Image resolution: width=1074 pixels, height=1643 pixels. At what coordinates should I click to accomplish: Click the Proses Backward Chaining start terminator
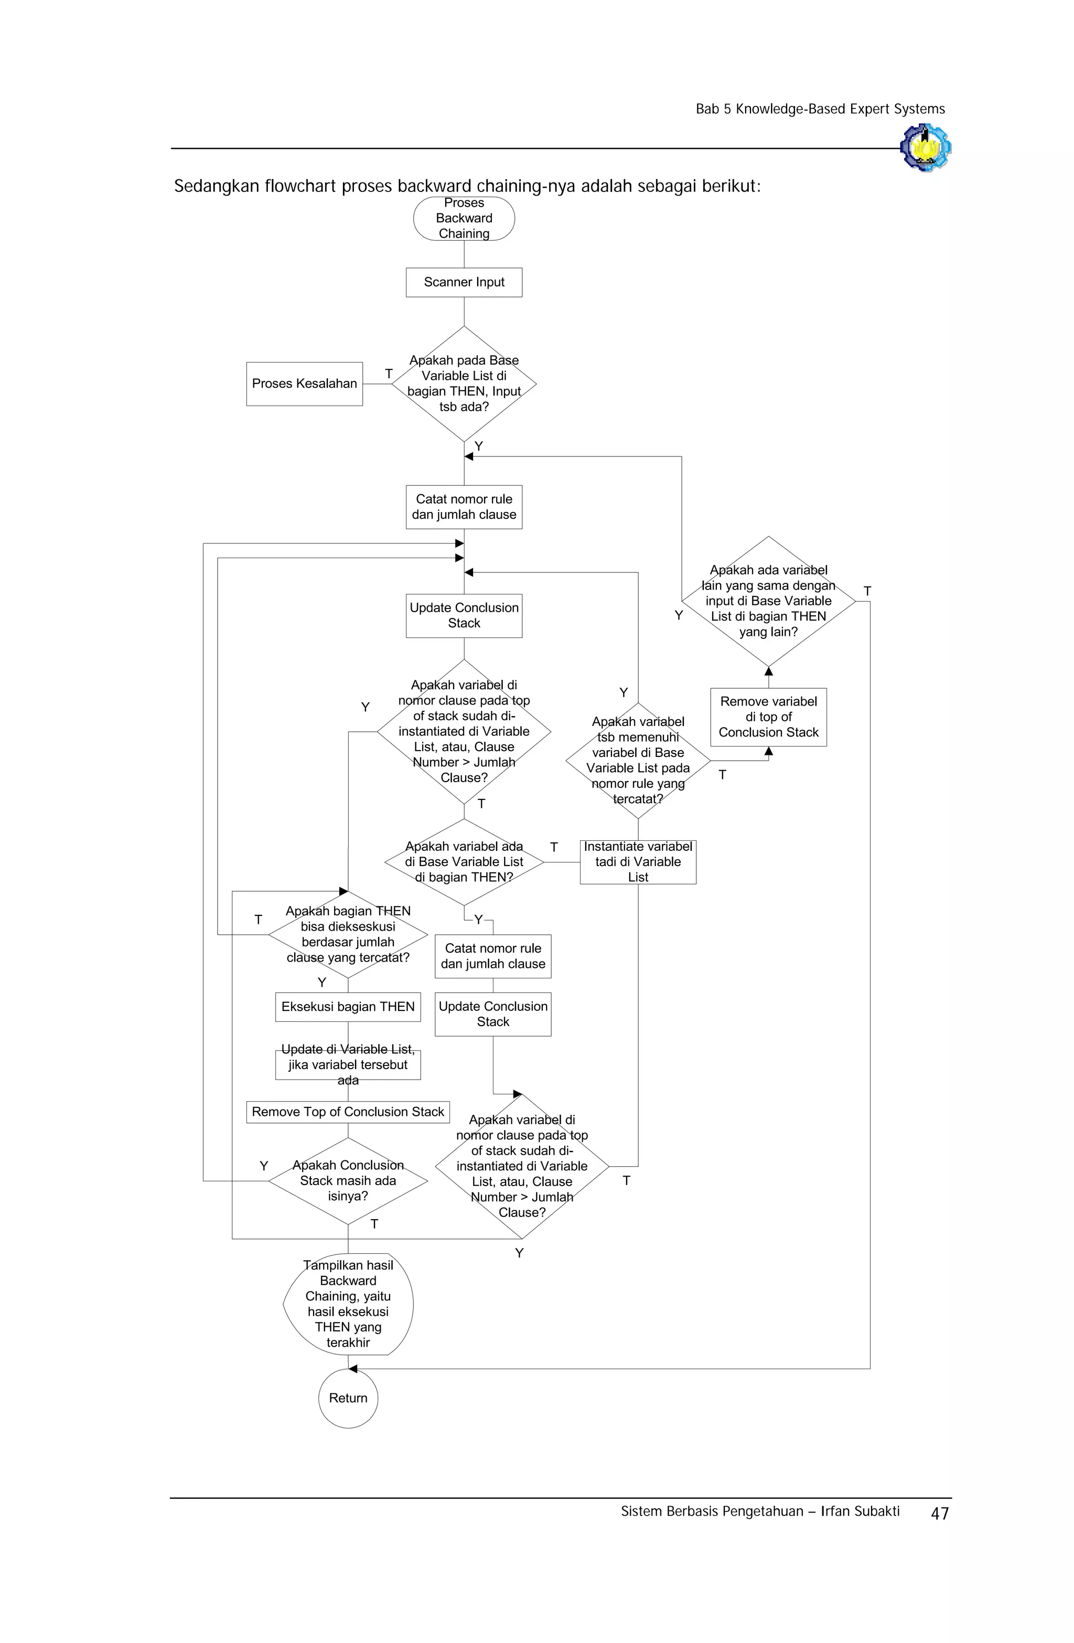tap(464, 218)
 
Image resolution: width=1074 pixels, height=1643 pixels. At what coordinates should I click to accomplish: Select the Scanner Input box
tap(464, 282)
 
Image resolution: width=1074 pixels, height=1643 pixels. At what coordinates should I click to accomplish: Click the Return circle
tap(348, 1398)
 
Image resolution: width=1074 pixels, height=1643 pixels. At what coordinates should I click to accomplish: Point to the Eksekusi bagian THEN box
tap(348, 1007)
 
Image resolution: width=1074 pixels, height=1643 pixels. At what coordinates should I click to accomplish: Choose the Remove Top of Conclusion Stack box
tap(348, 1112)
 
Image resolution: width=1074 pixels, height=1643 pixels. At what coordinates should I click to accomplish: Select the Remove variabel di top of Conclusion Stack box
tap(768, 717)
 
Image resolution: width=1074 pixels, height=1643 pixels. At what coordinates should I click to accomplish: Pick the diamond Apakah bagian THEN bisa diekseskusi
tap(348, 934)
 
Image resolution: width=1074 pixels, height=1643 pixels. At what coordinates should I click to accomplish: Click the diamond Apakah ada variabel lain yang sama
tap(768, 601)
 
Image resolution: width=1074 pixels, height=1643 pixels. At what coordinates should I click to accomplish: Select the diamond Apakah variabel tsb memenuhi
tap(638, 760)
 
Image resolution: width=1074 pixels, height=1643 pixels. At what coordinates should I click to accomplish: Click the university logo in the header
tap(926, 147)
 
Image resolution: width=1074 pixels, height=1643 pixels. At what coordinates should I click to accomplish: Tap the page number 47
tap(939, 1514)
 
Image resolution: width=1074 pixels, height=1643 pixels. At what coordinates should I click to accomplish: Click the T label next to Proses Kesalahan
tap(389, 374)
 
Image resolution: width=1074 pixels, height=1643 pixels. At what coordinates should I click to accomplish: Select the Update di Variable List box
tap(348, 1064)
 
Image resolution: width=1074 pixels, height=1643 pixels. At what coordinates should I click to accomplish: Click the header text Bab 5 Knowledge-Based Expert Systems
tap(820, 109)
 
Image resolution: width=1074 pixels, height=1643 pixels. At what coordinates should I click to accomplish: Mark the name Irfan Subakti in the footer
tap(860, 1511)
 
